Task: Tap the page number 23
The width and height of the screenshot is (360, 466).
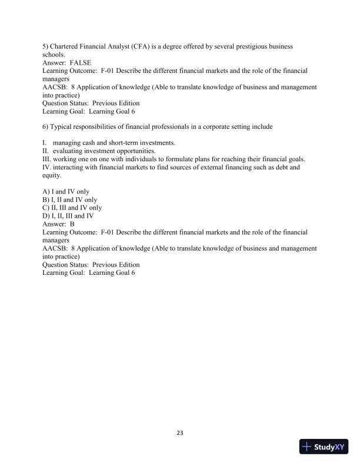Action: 180,433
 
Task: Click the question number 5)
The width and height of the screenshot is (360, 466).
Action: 46,46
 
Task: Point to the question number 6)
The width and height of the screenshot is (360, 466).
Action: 46,127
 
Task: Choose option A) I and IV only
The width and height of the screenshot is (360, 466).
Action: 66,192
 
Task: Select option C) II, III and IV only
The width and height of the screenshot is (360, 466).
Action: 72,208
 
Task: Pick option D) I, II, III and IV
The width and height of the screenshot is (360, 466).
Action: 68,216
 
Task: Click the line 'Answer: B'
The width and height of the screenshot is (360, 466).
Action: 59,224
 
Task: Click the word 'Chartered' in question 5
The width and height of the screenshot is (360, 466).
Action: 67,46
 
